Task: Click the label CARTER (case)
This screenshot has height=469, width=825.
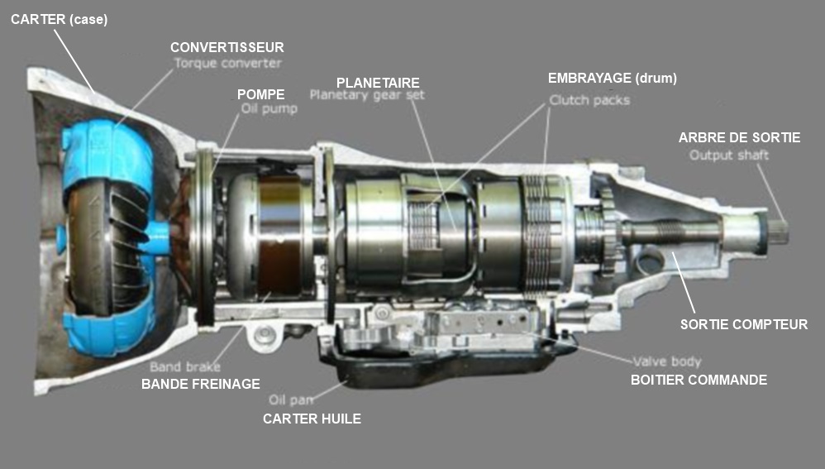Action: pyautogui.click(x=59, y=19)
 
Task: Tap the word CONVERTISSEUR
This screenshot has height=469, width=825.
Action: pyautogui.click(x=227, y=47)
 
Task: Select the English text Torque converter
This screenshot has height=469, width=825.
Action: pyautogui.click(x=227, y=63)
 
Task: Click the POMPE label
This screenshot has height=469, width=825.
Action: pyautogui.click(x=260, y=94)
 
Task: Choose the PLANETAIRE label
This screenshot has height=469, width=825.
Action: pyautogui.click(x=378, y=83)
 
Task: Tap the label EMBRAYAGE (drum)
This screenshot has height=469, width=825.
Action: pyautogui.click(x=613, y=79)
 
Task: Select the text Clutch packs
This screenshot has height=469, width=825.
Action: pyautogui.click(x=589, y=100)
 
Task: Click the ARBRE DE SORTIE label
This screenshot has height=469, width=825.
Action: pyautogui.click(x=739, y=137)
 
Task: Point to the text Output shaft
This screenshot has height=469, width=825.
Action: pyautogui.click(x=729, y=155)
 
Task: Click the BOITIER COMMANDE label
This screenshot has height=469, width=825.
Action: pyautogui.click(x=699, y=380)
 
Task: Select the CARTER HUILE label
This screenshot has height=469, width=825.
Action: pyautogui.click(x=312, y=419)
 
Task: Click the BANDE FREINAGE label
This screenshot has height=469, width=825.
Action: pyautogui.click(x=201, y=384)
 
